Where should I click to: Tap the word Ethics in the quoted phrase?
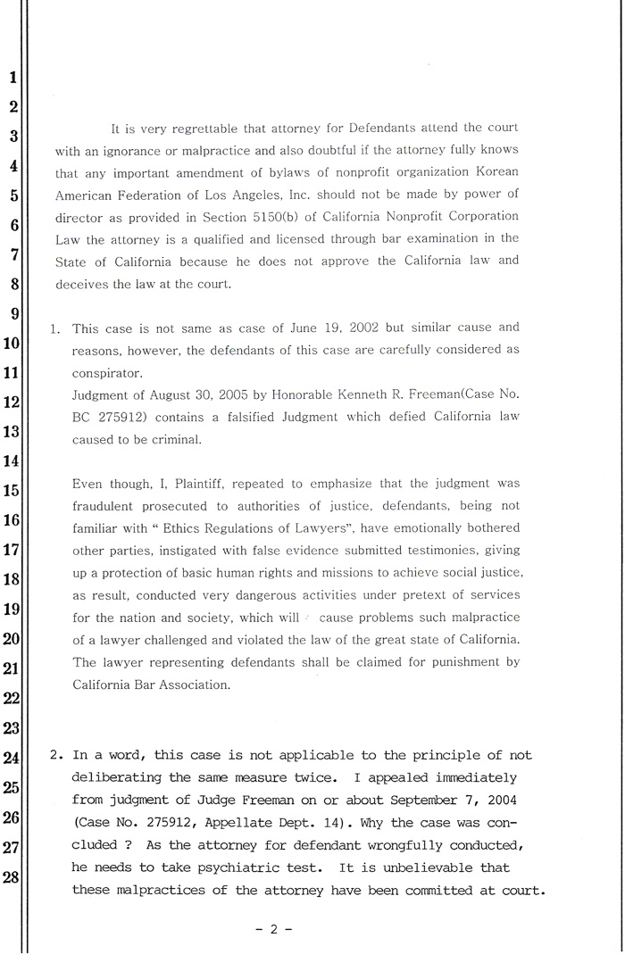181,528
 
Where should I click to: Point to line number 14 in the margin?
12,461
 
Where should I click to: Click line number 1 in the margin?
12,78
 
